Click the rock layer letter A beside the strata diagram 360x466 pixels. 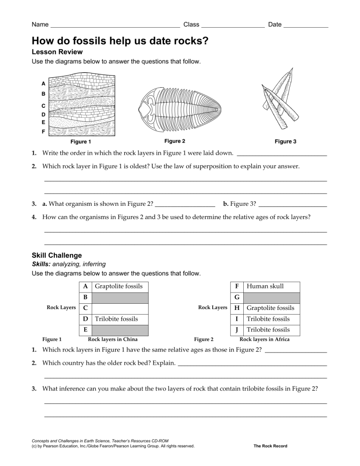(43, 83)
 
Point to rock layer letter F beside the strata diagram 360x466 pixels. (43, 132)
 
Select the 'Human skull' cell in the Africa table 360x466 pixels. (265, 286)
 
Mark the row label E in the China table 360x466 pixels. (85, 330)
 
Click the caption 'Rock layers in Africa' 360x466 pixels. (264, 339)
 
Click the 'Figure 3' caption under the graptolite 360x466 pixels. (285, 141)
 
